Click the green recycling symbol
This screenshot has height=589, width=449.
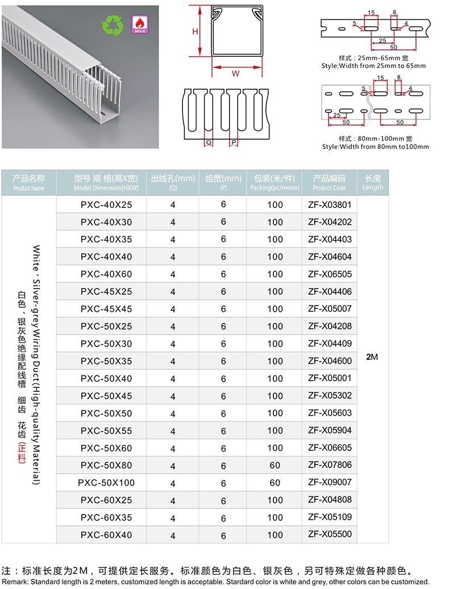click(111, 26)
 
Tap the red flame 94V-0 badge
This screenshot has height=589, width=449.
click(138, 24)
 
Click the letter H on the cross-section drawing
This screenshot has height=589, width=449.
click(195, 32)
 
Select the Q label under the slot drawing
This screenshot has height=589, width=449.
click(208, 143)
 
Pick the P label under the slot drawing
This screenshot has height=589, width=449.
click(233, 143)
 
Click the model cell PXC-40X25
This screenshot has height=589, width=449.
click(106, 204)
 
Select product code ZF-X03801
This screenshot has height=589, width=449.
click(330, 204)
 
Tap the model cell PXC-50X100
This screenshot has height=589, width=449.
click(106, 483)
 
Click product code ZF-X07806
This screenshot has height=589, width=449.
click(330, 465)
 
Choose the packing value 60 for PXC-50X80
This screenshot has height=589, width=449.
click(275, 466)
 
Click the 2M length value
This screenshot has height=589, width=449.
click(372, 357)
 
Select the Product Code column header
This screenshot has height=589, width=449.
click(329, 182)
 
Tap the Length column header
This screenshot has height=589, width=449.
click(373, 182)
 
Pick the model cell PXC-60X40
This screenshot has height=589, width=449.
click(106, 535)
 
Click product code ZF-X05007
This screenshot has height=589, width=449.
click(330, 308)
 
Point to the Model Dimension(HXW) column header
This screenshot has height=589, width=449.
click(106, 182)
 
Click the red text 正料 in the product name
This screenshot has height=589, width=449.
click(22, 452)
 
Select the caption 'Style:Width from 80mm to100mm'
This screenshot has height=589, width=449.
click(375, 147)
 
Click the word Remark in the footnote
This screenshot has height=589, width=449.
click(14, 582)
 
